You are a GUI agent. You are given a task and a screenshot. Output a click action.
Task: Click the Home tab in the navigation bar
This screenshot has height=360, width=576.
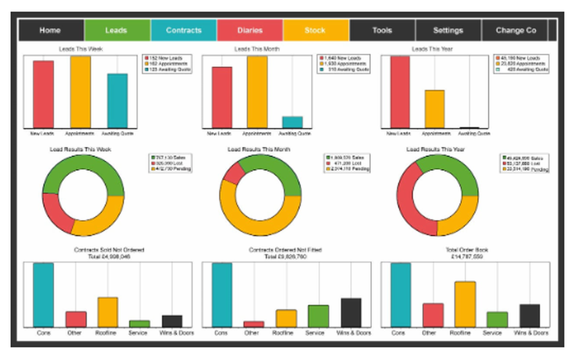tap(51, 31)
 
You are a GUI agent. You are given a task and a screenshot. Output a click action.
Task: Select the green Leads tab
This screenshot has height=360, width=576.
tap(117, 31)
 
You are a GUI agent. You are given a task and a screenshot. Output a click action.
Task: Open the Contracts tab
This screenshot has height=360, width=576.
tap(184, 31)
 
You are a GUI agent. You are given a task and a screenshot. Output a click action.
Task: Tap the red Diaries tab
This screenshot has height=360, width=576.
tap(249, 31)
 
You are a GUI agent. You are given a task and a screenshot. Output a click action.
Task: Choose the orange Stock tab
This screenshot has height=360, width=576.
tap(316, 31)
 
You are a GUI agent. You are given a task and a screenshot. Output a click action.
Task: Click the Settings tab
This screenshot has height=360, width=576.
tap(448, 31)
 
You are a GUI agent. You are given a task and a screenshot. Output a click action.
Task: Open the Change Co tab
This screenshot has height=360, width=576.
tap(516, 31)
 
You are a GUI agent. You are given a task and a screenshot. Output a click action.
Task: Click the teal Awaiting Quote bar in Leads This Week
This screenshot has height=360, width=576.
tap(118, 101)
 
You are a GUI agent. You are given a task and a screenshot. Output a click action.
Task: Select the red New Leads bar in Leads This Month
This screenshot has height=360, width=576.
tap(222, 97)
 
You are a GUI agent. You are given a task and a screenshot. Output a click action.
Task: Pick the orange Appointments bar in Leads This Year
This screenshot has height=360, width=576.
tap(434, 109)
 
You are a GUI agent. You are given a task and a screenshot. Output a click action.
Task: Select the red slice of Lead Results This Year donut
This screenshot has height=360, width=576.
tap(410, 202)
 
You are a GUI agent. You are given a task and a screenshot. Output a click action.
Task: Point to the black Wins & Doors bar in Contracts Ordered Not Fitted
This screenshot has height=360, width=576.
tap(351, 313)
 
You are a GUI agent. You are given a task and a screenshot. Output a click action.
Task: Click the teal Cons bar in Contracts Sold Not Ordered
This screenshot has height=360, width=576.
tap(43, 295)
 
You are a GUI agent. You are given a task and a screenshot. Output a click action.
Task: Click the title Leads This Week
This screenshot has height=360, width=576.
tap(81, 49)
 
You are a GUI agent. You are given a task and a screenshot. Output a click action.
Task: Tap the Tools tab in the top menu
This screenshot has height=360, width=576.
tap(382, 31)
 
